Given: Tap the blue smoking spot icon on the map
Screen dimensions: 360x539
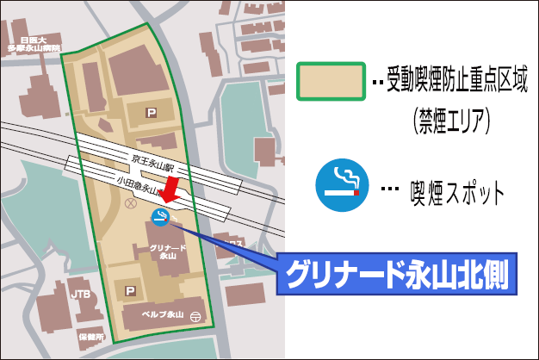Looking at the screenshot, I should pos(159,217).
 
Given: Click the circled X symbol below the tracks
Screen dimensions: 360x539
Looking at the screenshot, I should pos(131,204).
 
